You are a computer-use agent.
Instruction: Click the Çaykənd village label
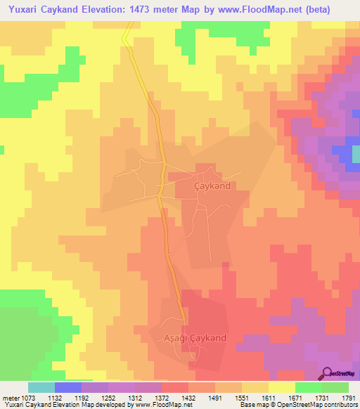212,186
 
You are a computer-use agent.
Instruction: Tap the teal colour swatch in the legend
41,387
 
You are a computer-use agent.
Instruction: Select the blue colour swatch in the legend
68,387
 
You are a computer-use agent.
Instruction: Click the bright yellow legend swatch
282,387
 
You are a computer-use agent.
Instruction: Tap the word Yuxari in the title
24,9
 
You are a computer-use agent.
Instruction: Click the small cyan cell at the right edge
356,153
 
